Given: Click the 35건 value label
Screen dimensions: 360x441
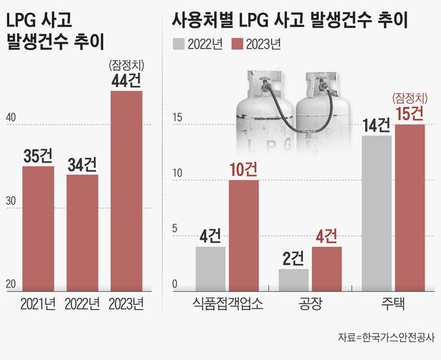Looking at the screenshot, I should pyautogui.click(x=39, y=153).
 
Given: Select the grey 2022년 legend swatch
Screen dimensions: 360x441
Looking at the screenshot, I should pyautogui.click(x=179, y=44).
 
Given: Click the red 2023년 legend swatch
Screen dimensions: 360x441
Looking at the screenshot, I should pyautogui.click(x=233, y=44).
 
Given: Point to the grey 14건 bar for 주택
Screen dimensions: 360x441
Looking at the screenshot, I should pyautogui.click(x=376, y=212).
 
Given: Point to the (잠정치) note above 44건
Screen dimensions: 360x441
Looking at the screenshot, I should pyautogui.click(x=127, y=65).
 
